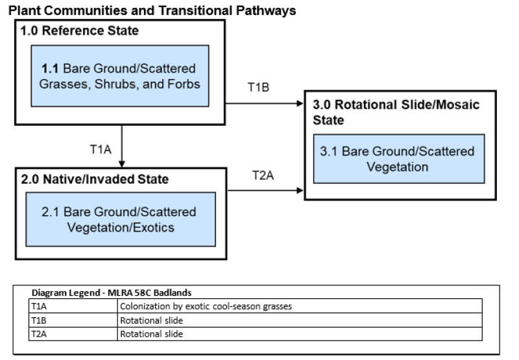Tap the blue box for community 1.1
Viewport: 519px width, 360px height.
(x=119, y=76)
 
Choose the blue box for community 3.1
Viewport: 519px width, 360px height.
(x=398, y=159)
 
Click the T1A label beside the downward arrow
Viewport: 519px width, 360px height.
(x=101, y=149)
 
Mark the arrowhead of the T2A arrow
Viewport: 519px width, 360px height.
(x=300, y=191)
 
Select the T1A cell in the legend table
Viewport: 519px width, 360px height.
(x=73, y=306)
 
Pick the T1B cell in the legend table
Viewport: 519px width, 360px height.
(x=73, y=320)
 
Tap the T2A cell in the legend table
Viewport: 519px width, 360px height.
(x=73, y=334)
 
